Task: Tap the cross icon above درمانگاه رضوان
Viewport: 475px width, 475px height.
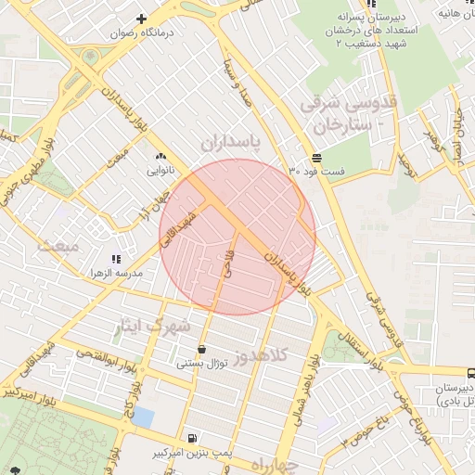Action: tap(142, 19)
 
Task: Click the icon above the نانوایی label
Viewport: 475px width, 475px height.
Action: tap(161, 157)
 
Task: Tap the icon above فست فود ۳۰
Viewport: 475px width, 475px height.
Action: tap(317, 157)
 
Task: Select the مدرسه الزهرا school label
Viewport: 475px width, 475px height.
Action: tap(114, 274)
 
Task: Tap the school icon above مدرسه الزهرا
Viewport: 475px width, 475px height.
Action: tap(115, 259)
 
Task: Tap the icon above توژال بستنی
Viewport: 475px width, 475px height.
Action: tap(201, 350)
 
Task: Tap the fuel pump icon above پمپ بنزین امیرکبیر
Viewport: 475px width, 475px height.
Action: tap(191, 438)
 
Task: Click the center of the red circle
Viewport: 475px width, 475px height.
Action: tap(237, 237)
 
